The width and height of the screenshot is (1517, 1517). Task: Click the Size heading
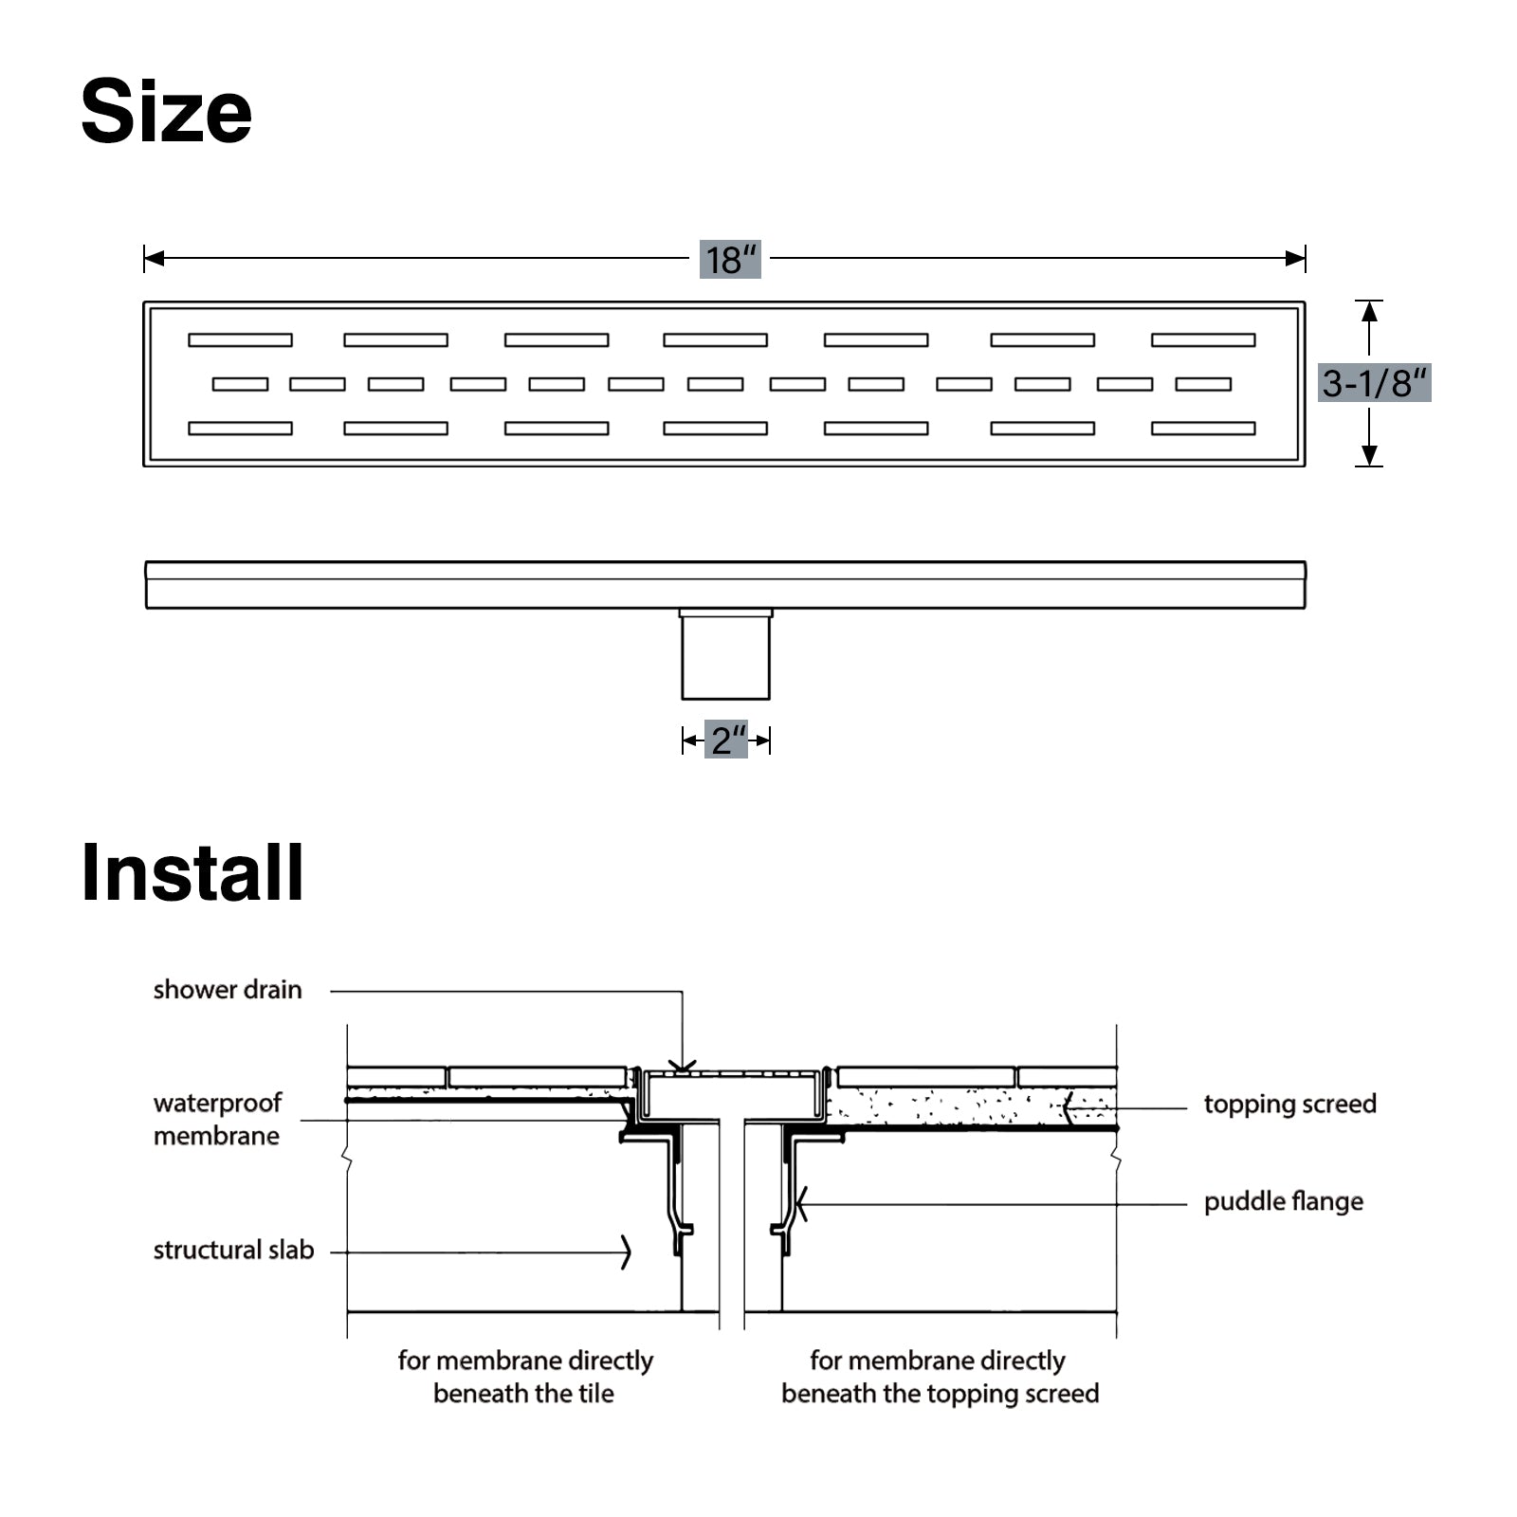click(167, 112)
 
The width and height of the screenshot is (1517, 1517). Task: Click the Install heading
click(192, 873)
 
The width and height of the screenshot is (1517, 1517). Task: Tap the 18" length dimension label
click(730, 259)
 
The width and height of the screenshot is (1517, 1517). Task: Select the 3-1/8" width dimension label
click(1374, 383)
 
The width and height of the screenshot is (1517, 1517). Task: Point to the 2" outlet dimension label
click(727, 740)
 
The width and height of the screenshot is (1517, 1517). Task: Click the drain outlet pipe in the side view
click(726, 655)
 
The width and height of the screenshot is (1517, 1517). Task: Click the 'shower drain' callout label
click(228, 990)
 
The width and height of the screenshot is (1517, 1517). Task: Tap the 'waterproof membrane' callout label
click(217, 1120)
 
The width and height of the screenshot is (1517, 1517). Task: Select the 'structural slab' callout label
click(233, 1251)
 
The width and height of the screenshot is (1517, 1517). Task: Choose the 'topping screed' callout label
click(1289, 1105)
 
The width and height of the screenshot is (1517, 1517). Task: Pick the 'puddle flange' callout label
click(1283, 1202)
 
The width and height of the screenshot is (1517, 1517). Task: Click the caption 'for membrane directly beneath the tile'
click(524, 1377)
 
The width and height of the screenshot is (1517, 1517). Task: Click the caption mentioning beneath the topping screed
click(940, 1377)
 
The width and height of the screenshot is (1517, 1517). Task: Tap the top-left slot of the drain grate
click(240, 339)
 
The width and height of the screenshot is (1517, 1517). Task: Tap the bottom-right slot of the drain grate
click(1203, 429)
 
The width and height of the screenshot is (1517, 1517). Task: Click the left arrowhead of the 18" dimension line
click(153, 258)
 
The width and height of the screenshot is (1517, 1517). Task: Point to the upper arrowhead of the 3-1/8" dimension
click(1369, 311)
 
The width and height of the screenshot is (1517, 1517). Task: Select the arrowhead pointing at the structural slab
click(626, 1252)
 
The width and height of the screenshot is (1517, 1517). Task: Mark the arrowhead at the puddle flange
click(801, 1205)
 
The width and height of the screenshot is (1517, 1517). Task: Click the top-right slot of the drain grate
click(1203, 339)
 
